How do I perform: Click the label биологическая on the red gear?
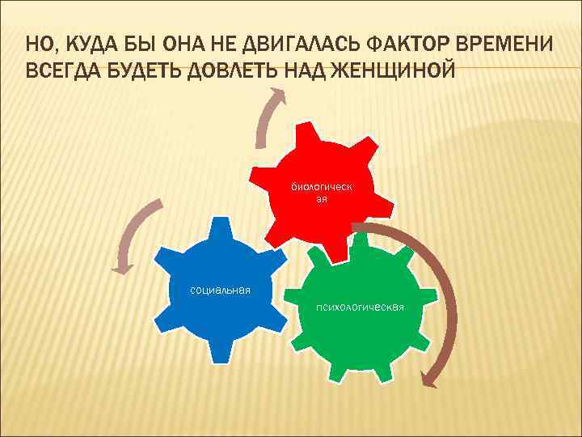(322, 193)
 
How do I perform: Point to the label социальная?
(220, 290)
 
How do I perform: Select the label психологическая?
(361, 308)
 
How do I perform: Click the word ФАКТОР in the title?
(395, 42)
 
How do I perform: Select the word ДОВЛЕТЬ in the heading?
(234, 70)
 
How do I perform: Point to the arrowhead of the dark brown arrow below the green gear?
(428, 377)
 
